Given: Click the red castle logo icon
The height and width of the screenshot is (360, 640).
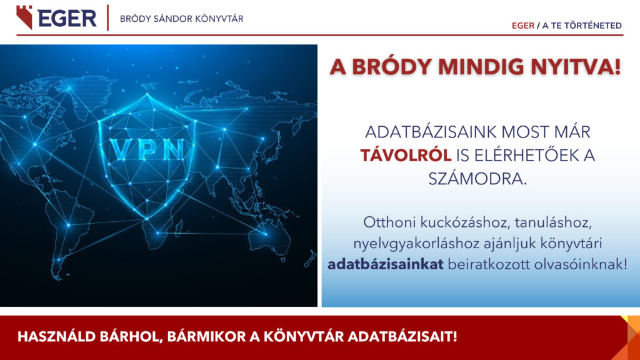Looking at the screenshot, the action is coord(24,17).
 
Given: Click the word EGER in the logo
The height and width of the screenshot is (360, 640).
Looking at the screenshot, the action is coord(67,18).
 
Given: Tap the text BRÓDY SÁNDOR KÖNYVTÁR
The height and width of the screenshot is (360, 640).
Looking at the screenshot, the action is coord(182,19).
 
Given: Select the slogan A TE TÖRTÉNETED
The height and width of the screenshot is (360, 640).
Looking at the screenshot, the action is coord(582,25).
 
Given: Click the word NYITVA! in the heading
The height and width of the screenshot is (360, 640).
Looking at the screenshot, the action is coord(575,67).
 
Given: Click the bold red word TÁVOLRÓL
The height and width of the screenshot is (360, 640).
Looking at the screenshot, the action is coord(406,156).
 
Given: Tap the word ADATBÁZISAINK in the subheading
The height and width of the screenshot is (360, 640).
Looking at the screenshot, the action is coord(430,132).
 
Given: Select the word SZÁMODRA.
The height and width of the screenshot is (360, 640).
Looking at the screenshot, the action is coord(477,178).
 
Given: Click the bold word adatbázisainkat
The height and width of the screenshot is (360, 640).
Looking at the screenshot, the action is coord(385,264).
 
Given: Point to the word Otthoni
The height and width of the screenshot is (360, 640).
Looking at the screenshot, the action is coord(389,222).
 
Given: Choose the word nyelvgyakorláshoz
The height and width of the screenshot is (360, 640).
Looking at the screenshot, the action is coord(416,244).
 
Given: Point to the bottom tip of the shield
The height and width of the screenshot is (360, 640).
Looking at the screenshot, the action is coord(147,219).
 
